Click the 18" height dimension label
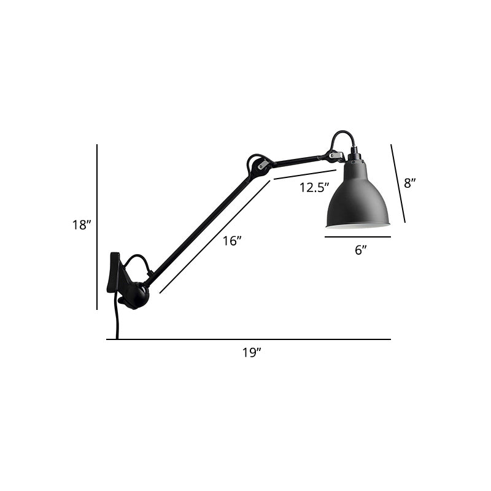tap(81, 225)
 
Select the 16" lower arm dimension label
tap(231, 241)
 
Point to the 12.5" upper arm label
tap(314, 188)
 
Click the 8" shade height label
tap(409, 182)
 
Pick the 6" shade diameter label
tap(360, 249)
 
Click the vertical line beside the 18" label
tap(97, 227)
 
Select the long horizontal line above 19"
tap(249, 339)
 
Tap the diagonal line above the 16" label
tap(215, 236)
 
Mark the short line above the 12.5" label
tap(304, 174)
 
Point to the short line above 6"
tap(358, 237)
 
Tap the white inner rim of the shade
tap(357, 225)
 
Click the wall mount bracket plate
tap(114, 271)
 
